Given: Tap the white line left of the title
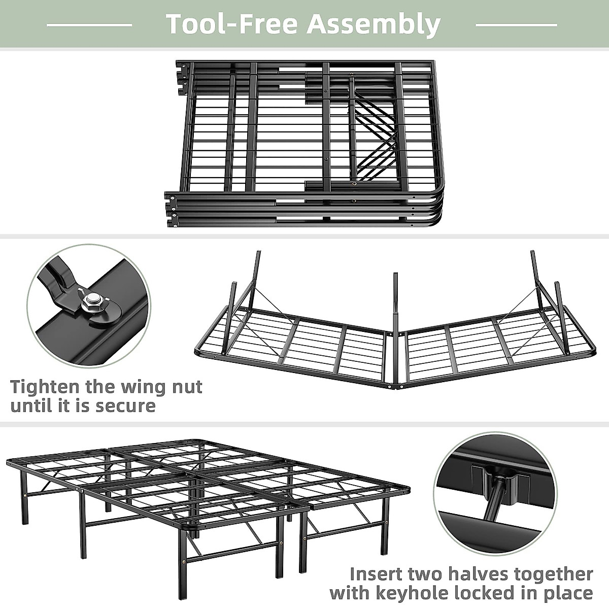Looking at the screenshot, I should [x=89, y=24].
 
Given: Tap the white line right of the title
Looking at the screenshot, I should [x=516, y=24].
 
